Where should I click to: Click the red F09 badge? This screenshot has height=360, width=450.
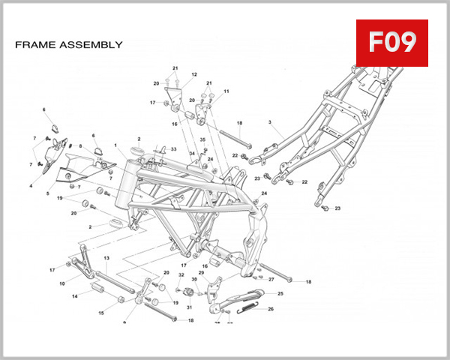(391, 43)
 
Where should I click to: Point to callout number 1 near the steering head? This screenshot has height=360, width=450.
(116, 145)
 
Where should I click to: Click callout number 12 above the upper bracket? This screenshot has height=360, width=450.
(193, 75)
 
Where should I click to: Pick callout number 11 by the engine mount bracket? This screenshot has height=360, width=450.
(226, 91)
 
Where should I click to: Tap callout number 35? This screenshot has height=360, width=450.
(202, 140)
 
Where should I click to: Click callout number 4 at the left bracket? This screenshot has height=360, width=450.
(31, 185)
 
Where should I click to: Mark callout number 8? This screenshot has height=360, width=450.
(80, 146)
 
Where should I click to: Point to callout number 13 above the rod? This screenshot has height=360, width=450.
(106, 258)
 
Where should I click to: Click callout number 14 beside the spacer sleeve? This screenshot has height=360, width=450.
(74, 296)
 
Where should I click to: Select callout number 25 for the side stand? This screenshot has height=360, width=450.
(280, 294)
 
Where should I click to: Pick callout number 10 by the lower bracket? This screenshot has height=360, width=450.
(61, 284)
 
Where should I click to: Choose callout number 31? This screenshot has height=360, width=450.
(189, 307)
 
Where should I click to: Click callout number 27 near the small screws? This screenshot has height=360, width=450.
(271, 279)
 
